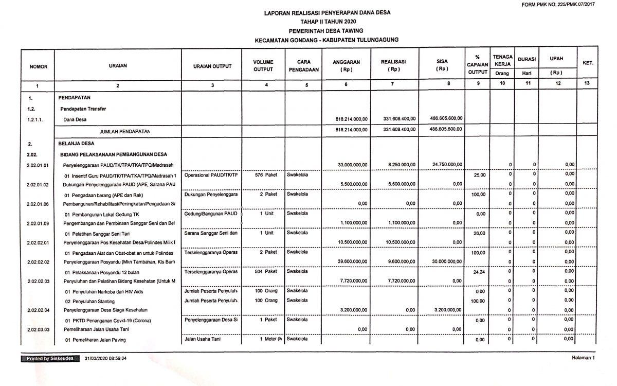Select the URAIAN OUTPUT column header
click(x=212, y=66)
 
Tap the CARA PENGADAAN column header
click(x=303, y=65)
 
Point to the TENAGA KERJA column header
click(x=502, y=59)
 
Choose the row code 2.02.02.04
click(x=38, y=310)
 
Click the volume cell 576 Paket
click(x=266, y=174)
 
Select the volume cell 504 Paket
click(x=266, y=271)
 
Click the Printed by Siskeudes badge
click(x=50, y=358)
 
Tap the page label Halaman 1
click(x=583, y=358)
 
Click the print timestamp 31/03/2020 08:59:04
click(x=105, y=358)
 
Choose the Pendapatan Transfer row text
click(x=83, y=109)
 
